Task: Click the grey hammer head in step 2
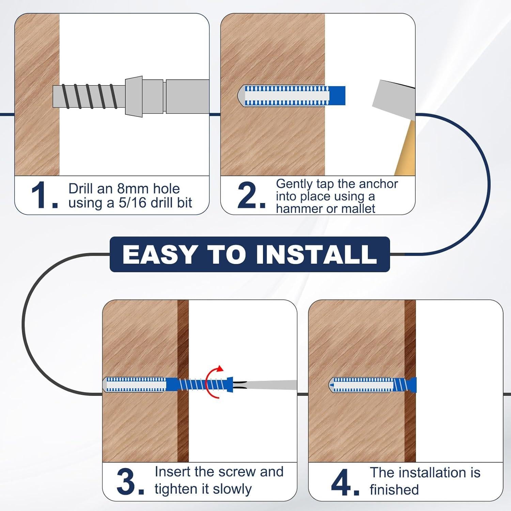[x=393, y=99]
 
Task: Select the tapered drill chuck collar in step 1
[x=134, y=96]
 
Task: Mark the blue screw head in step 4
[x=413, y=385]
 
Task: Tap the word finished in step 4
[x=394, y=490]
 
